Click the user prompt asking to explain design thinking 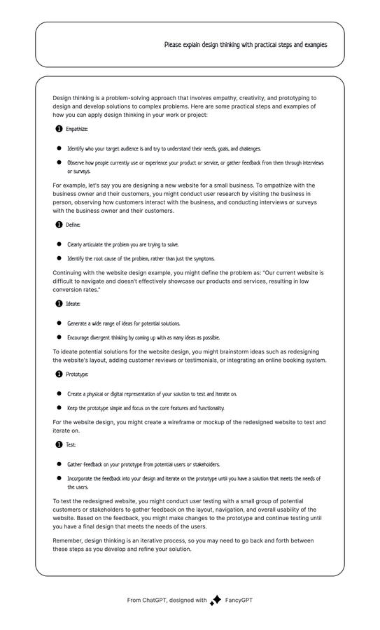(245, 45)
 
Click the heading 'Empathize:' (76, 129)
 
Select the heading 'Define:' (73, 225)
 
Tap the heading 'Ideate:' (73, 304)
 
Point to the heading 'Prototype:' (77, 375)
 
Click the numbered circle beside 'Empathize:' (59, 129)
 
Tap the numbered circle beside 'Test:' (59, 445)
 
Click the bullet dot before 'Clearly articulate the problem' (59, 245)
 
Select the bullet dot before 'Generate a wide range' (59, 324)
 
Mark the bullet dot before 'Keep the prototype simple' (59, 408)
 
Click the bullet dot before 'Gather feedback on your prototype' (59, 465)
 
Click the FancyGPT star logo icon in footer (216, 601)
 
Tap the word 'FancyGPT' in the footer (239, 601)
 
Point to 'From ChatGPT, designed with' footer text (167, 601)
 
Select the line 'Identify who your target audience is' (164, 149)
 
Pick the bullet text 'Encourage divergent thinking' (143, 338)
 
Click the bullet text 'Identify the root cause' (141, 259)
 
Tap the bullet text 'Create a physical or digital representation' (152, 395)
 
